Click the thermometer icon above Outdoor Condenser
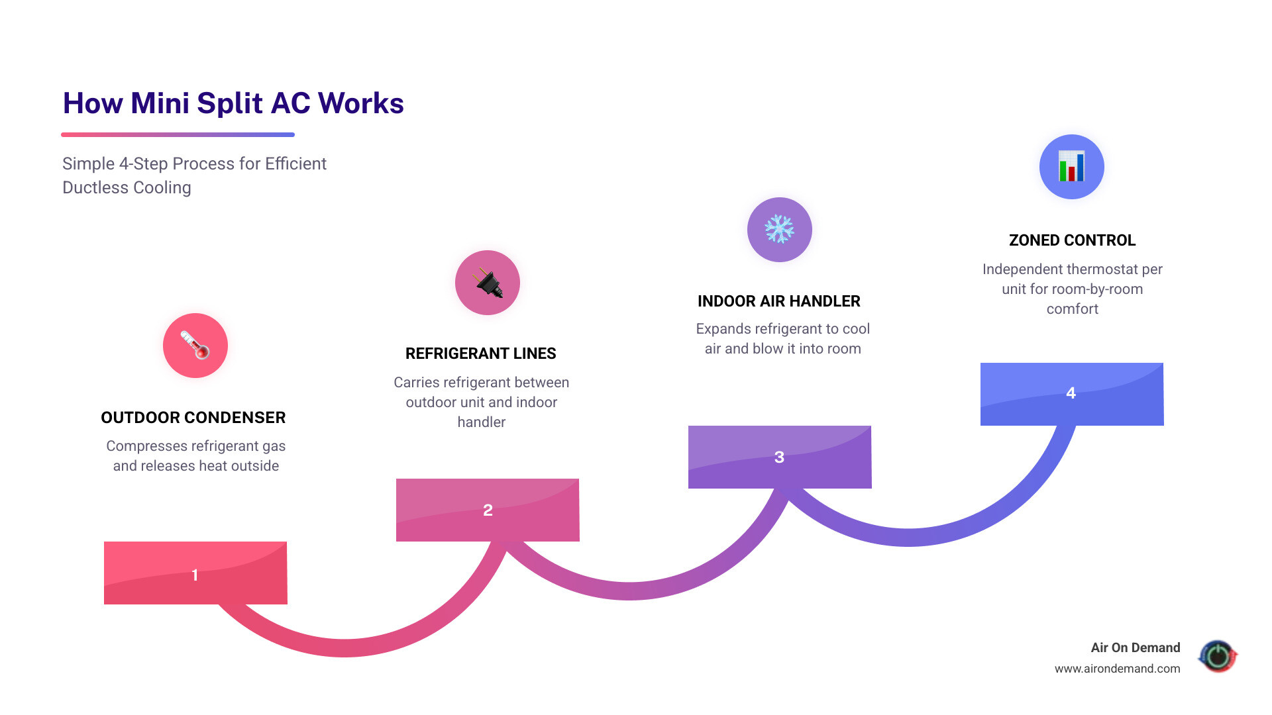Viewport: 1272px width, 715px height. pyautogui.click(x=195, y=346)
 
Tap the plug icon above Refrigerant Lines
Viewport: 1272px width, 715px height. pyautogui.click(x=488, y=283)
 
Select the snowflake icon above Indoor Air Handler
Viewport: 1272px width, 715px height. pyautogui.click(x=779, y=230)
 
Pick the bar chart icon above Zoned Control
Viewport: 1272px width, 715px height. pyautogui.click(x=1071, y=167)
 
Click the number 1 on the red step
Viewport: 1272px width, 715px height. pyautogui.click(x=195, y=575)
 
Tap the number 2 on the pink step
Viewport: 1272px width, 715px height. pyautogui.click(x=488, y=510)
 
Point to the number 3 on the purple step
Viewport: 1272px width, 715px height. pyautogui.click(x=779, y=457)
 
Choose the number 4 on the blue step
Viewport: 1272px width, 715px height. pyautogui.click(x=1071, y=393)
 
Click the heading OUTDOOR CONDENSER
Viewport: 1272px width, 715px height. pyautogui.click(x=193, y=418)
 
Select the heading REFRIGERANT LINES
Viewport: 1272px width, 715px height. pyautogui.click(x=481, y=354)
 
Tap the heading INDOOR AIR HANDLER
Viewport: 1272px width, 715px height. pyautogui.click(x=779, y=301)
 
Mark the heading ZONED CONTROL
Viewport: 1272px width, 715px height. pyautogui.click(x=1072, y=240)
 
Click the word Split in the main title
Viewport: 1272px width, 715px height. pyautogui.click(x=229, y=103)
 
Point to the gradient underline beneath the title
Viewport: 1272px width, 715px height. pyautogui.click(x=178, y=135)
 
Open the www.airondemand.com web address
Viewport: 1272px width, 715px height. pyautogui.click(x=1117, y=669)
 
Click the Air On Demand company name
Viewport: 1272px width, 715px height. pyautogui.click(x=1136, y=647)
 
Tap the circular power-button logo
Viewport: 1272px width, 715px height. pyautogui.click(x=1218, y=656)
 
